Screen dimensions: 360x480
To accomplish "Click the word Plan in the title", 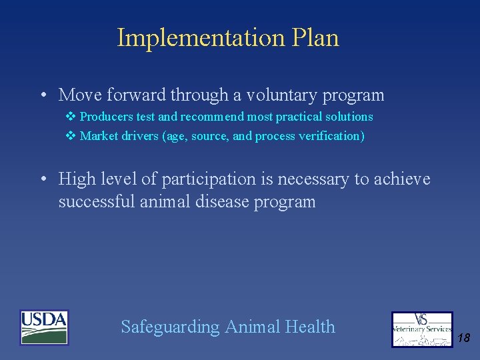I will point(315,38).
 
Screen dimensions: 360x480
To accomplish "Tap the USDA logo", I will point(44,327).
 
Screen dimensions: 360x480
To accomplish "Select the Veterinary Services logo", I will point(421,329).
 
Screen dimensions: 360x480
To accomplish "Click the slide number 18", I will point(463,338).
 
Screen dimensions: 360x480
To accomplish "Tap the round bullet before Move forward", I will point(43,95).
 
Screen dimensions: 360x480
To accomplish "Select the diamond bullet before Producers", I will point(71,117).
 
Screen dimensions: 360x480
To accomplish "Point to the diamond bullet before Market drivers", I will point(71,136).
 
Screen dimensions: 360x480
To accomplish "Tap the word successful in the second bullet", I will point(97,201).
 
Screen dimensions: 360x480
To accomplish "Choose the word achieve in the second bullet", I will point(403,179).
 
